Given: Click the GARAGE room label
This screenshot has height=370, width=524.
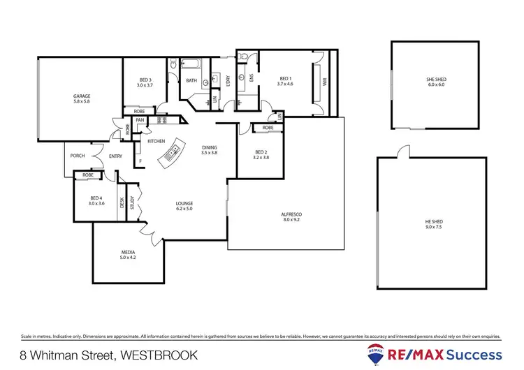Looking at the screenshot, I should [x=82, y=96].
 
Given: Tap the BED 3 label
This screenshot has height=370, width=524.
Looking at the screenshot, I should [x=145, y=79].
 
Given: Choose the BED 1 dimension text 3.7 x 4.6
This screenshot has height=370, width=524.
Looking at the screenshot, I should [x=285, y=84].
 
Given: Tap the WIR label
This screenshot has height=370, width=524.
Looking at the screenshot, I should [x=324, y=81].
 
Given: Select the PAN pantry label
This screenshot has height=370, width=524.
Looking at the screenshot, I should [x=140, y=119].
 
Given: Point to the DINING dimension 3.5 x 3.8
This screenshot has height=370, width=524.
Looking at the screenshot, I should [x=210, y=152].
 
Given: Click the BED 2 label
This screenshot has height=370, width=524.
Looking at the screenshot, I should [x=261, y=152].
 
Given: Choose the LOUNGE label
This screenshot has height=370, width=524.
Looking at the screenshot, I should [x=184, y=203].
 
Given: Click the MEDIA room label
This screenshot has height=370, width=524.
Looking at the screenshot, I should [x=126, y=252].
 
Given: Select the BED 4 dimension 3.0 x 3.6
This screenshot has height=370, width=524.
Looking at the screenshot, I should [x=96, y=203].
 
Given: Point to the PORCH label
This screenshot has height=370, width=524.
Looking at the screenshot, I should [x=78, y=156].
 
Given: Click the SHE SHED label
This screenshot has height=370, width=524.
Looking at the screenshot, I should [x=436, y=80].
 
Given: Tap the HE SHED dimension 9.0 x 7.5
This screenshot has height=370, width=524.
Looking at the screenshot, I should [x=434, y=227].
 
